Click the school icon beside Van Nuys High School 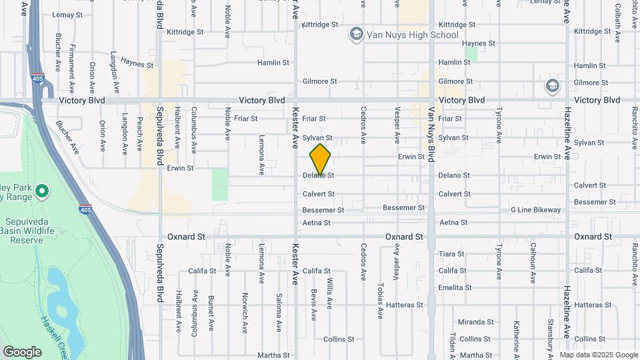356,34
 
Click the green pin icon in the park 41,192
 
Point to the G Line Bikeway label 535,210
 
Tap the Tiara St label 451,254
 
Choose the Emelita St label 455,288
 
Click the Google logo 22,352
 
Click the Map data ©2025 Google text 598,355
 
